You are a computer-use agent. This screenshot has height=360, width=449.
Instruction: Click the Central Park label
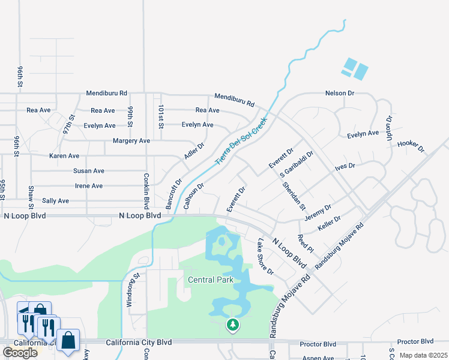[x=210, y=280]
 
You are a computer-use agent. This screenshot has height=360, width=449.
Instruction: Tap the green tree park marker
[x=232, y=325]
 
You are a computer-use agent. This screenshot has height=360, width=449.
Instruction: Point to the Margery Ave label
[x=131, y=141]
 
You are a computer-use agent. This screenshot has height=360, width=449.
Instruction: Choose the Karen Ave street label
[x=64, y=156]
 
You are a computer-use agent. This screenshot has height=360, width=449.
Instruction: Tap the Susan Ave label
[x=88, y=171]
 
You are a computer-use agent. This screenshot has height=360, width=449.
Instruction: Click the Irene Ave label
[x=88, y=186]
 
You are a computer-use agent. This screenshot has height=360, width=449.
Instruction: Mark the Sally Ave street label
[x=55, y=201]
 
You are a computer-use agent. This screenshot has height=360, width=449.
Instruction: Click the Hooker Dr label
[x=411, y=145]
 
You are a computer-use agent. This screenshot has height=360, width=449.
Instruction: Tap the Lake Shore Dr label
[x=265, y=257]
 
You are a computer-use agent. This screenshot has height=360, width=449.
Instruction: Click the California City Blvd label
[x=139, y=343]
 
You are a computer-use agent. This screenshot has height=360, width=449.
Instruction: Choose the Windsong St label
[x=128, y=290]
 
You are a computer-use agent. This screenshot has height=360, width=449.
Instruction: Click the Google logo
[x=20, y=352]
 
